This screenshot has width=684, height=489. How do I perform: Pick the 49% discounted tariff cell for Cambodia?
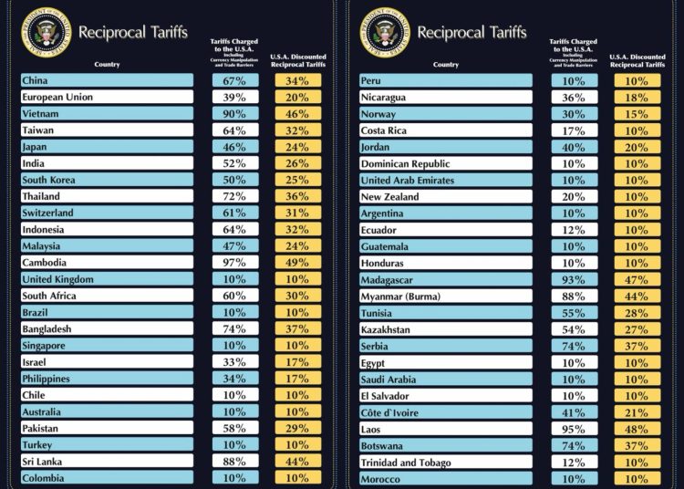coord(296,263)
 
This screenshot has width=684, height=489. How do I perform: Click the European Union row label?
coord(57,97)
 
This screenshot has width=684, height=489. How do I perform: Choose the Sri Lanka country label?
coord(43,462)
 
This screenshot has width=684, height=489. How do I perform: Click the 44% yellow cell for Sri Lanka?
coord(296,462)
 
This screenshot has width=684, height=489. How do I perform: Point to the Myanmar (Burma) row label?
coord(399,297)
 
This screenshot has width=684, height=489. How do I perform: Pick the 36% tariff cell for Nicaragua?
coord(573,97)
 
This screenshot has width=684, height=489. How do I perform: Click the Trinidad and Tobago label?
coord(406,463)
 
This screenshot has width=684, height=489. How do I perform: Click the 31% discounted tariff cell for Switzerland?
coord(296,213)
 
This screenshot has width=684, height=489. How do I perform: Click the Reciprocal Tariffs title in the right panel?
coord(472,32)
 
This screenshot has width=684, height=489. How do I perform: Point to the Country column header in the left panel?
coord(107,64)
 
